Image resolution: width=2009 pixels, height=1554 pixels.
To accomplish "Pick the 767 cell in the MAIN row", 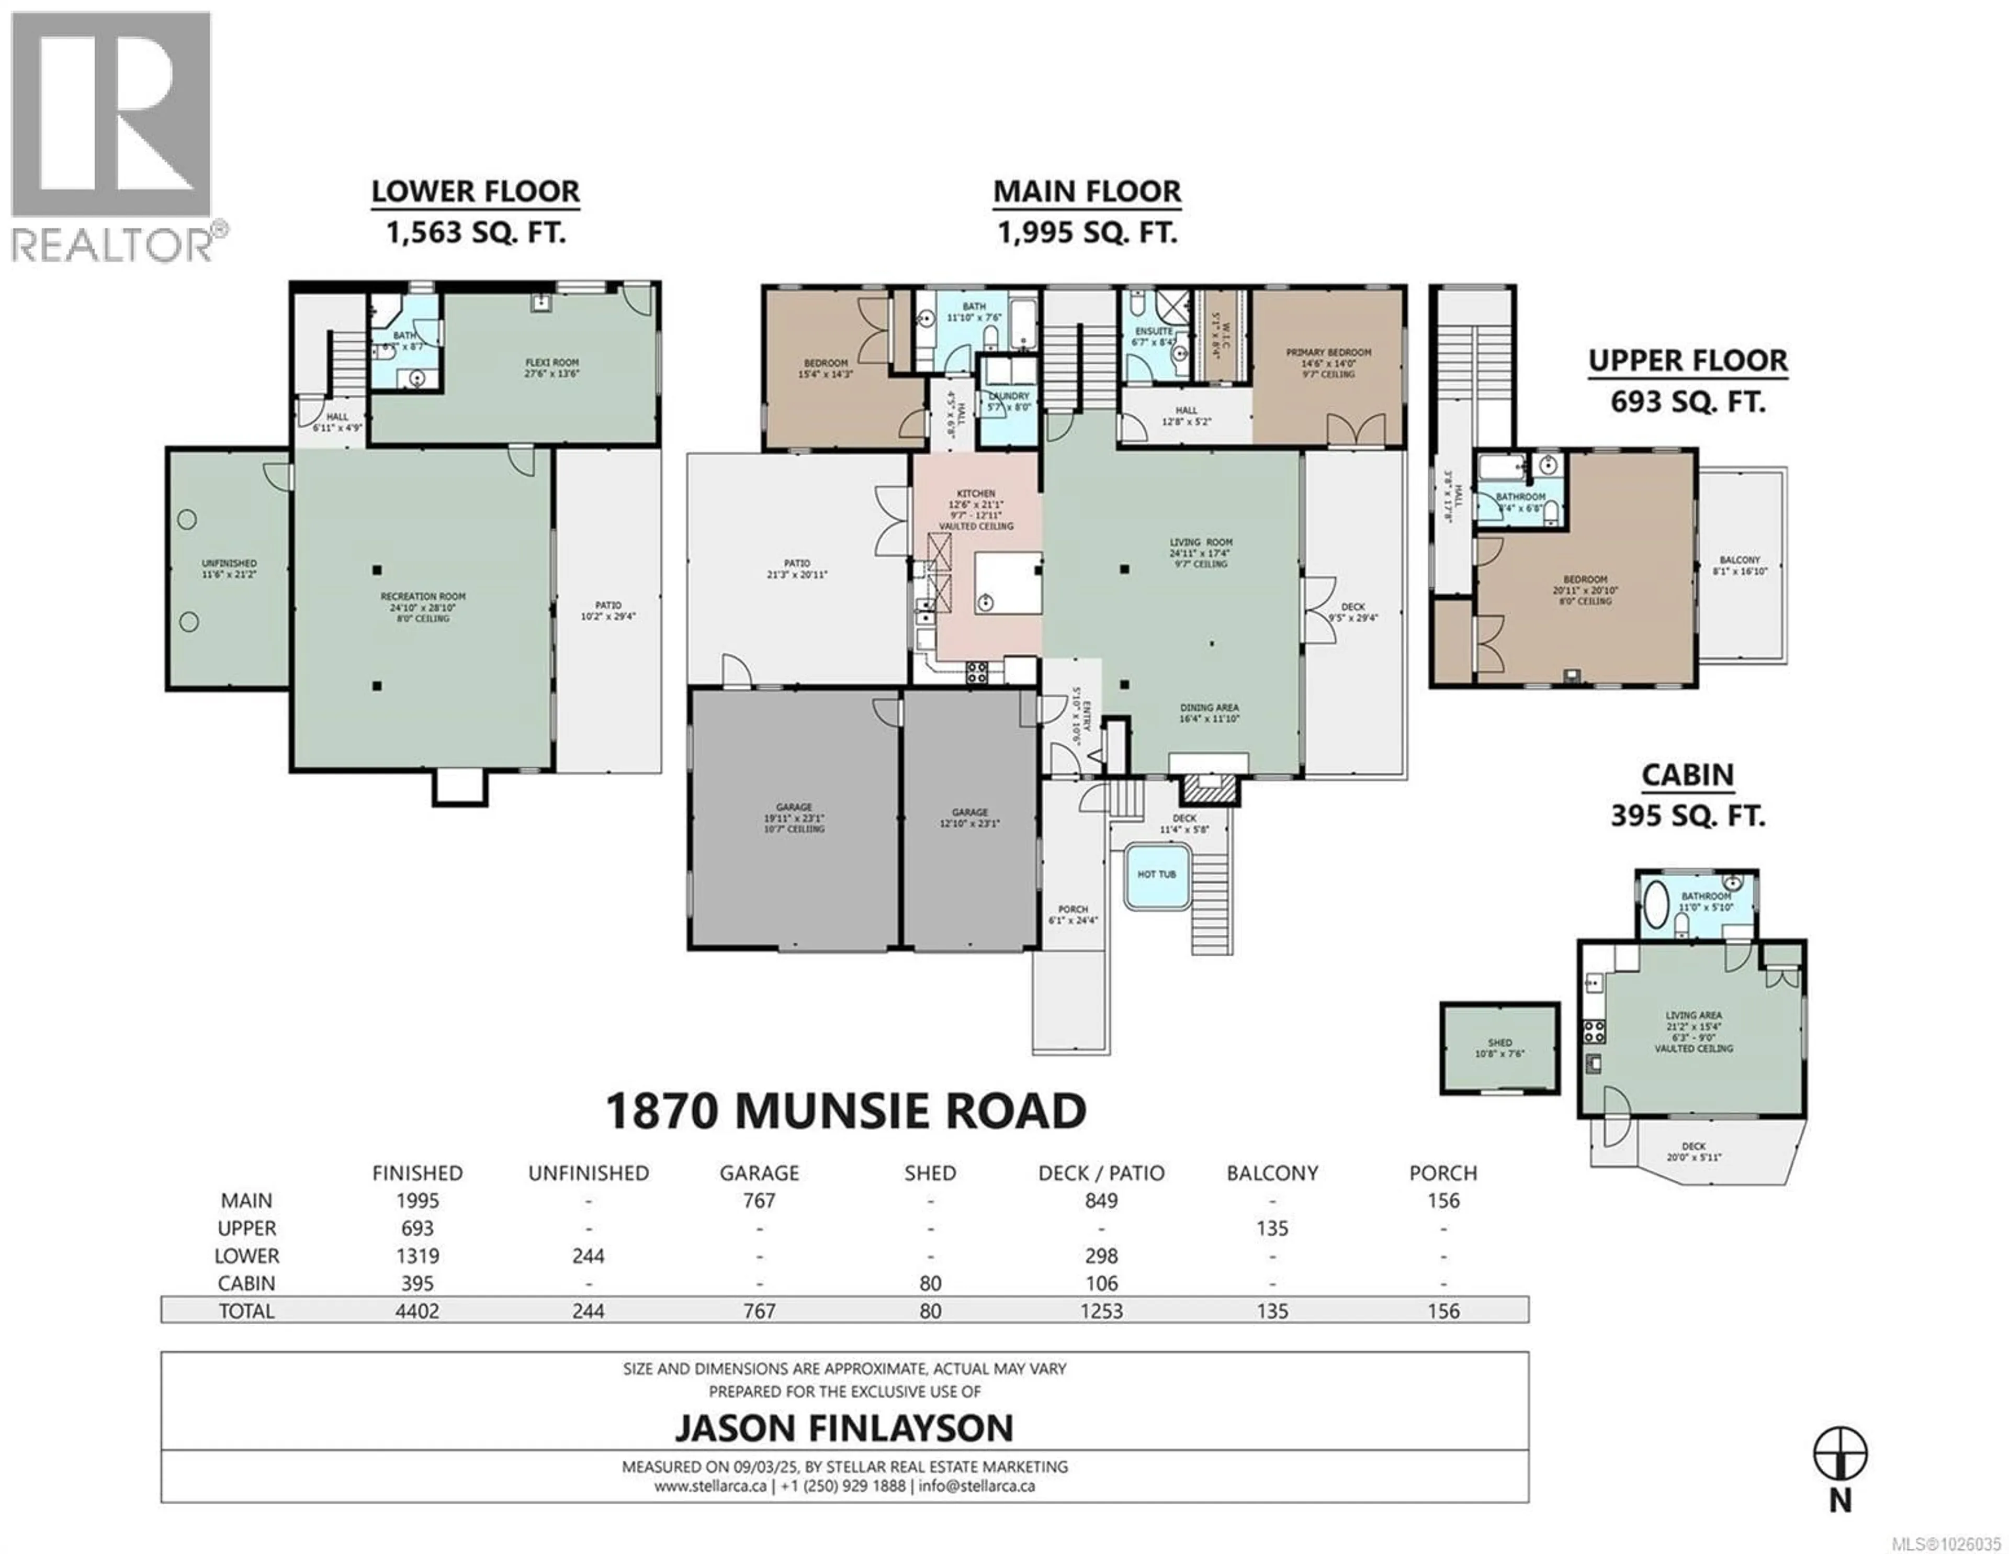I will point(759,1201).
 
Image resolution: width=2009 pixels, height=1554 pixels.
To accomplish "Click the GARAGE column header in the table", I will point(759,1173).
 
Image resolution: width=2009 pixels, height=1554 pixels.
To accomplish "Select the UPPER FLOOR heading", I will point(1688,361).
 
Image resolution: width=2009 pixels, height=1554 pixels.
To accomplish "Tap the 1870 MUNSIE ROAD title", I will point(845,1111).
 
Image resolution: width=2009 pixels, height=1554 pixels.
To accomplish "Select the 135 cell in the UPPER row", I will point(1272,1228).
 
